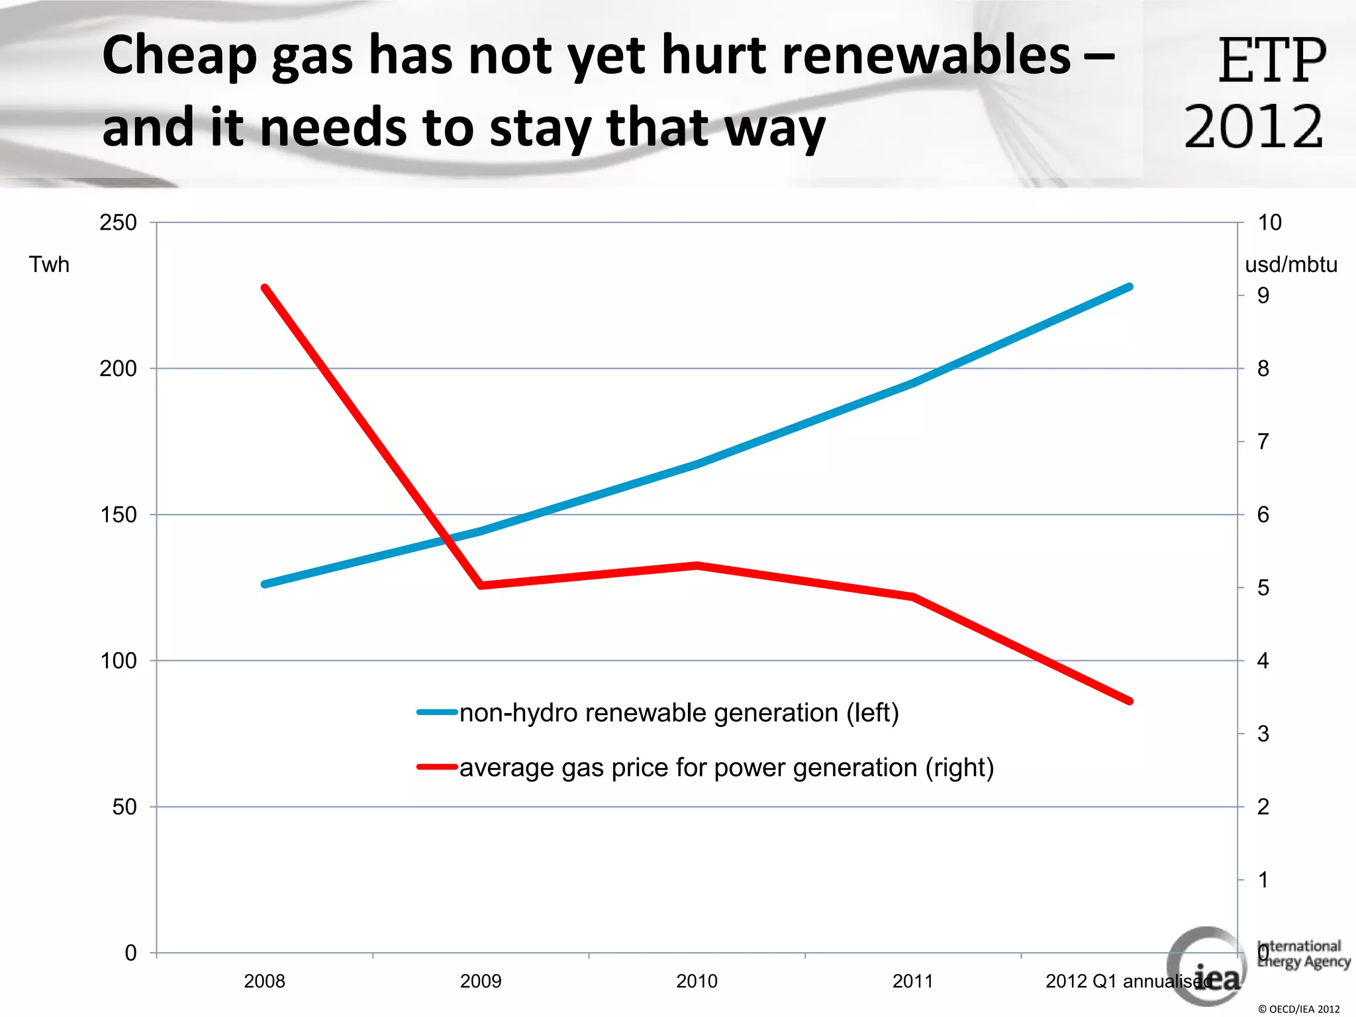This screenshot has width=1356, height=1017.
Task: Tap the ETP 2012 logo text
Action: (1255, 93)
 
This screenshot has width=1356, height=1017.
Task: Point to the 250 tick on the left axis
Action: (118, 222)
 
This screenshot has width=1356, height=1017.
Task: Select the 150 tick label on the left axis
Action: (118, 514)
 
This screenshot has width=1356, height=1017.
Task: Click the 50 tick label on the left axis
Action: (124, 806)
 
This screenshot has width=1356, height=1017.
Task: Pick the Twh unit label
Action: (49, 264)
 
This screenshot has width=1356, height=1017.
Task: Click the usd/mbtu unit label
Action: (1290, 264)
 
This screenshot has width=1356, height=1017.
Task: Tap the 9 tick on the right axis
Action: (1263, 295)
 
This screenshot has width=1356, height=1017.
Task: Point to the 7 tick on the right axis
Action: (1263, 441)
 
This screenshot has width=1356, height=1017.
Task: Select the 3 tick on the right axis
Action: (1263, 734)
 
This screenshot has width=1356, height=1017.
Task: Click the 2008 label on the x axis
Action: (264, 981)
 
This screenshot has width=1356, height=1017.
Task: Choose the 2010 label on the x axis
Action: (697, 981)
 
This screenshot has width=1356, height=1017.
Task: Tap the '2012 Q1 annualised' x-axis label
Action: (1126, 981)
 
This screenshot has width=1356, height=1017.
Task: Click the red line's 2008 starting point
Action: (265, 288)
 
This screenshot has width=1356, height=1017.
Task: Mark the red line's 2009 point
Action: (481, 585)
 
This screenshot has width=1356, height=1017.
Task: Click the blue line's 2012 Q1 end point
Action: (1130, 287)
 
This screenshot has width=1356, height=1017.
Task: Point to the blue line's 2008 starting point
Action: (265, 584)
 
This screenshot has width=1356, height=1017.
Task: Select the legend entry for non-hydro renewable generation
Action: (679, 712)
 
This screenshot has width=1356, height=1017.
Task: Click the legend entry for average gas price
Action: (726, 767)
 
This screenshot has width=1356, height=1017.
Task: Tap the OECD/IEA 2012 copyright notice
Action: (1298, 1009)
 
